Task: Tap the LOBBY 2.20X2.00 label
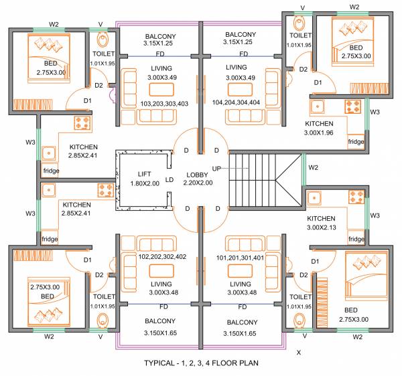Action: click(199, 179)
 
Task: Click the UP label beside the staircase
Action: click(216, 169)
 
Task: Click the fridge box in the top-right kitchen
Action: click(356, 142)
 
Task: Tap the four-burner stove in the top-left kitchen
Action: click(82, 123)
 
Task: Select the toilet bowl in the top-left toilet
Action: click(103, 38)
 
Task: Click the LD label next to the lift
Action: click(170, 179)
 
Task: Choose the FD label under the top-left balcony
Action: click(160, 54)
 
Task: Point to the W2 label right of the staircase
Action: click(313, 167)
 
